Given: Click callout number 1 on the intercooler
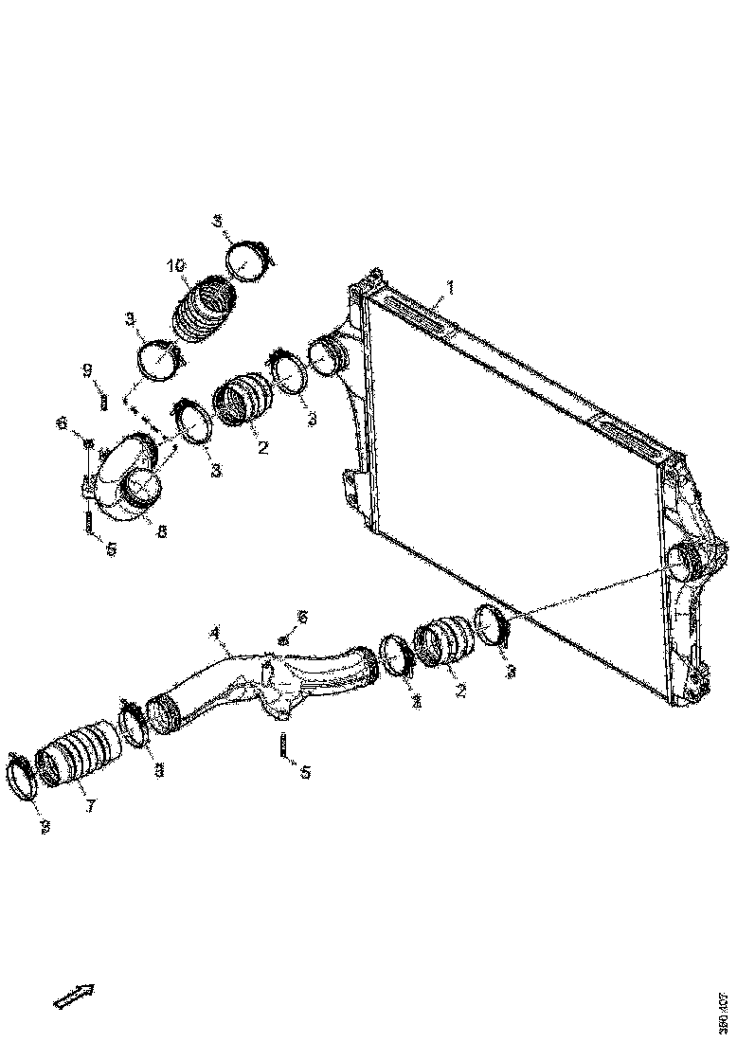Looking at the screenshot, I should tap(450, 286).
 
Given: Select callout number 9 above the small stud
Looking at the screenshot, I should tap(85, 368).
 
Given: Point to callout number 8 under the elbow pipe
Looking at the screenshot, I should tap(161, 532).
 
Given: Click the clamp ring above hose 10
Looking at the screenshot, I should tap(249, 260).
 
